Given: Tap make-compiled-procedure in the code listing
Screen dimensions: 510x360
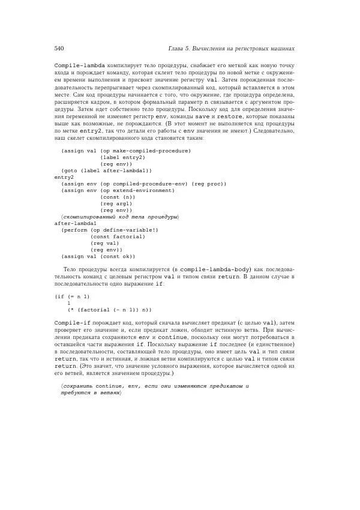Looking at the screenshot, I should click(x=151, y=151).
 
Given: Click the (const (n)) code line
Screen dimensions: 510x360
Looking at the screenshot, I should click(x=118, y=197).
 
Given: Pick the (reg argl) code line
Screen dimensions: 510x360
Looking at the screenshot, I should click(x=116, y=203).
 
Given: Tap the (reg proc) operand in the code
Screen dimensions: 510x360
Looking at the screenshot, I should click(x=209, y=184).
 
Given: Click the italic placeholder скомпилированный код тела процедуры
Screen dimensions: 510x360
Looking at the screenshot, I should click(x=120, y=216).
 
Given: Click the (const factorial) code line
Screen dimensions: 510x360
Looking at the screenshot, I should click(x=118, y=236).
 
